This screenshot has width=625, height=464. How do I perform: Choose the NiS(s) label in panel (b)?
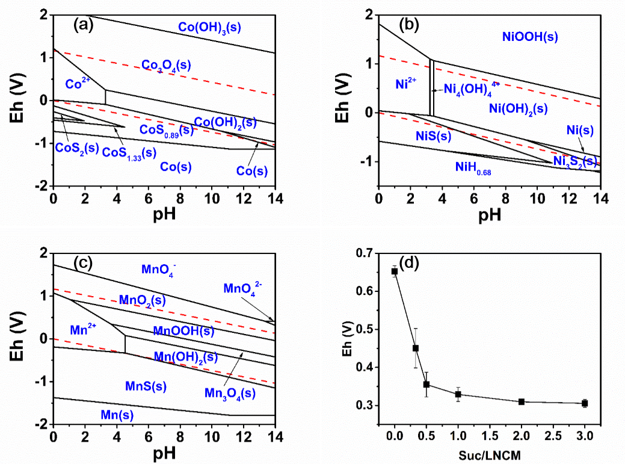[x=433, y=137]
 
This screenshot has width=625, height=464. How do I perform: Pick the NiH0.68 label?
[x=473, y=170]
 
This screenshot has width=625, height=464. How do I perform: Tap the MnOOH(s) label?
[x=183, y=330]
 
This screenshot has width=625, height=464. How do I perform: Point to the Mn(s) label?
[x=117, y=415]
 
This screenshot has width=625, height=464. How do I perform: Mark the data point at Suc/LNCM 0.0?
[x=395, y=271]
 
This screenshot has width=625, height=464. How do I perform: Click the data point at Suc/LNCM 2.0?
[x=522, y=401]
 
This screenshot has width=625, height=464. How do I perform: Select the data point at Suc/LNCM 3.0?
[x=585, y=403]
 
